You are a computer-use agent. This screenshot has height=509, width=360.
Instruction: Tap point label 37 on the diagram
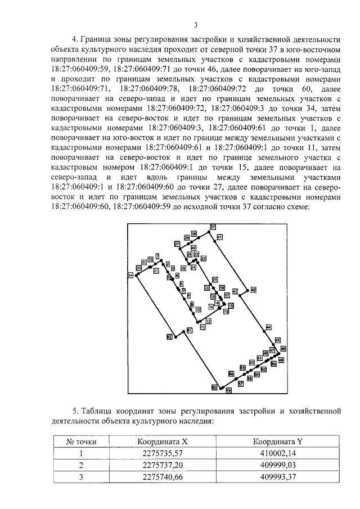click(213, 226)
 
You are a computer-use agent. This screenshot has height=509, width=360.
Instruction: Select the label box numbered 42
click(253, 289)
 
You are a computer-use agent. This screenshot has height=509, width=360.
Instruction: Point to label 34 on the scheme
click(130, 275)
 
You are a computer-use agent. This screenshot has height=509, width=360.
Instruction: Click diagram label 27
click(177, 244)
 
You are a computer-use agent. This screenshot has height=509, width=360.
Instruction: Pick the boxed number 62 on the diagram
click(169, 336)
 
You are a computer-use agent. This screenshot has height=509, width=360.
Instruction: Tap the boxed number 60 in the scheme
click(214, 387)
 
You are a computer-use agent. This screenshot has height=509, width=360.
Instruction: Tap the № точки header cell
click(81, 442)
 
